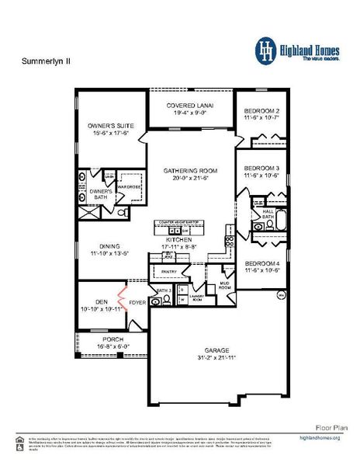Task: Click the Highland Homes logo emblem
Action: pyautogui.click(x=266, y=50)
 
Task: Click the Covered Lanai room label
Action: pyautogui.click(x=191, y=105)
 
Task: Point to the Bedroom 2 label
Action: pyautogui.click(x=261, y=110)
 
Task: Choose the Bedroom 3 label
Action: pyautogui.click(x=261, y=168)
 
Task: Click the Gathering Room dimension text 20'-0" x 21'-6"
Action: pyautogui.click(x=190, y=178)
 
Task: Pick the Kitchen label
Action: pyautogui.click(x=178, y=240)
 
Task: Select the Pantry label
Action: pyautogui.click(x=168, y=271)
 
